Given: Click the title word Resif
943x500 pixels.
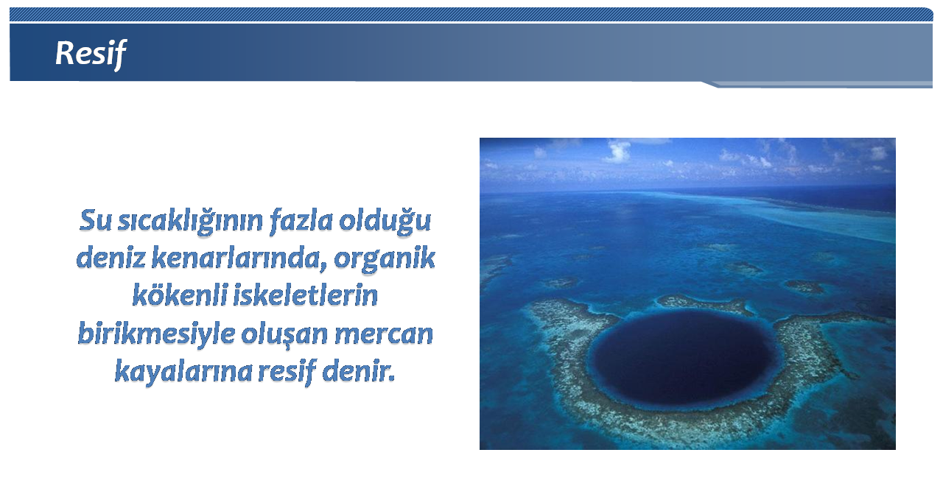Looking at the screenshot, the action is pos(91,54).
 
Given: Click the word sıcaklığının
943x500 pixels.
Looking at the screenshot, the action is pos(190,222).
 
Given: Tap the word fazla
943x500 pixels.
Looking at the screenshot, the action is pos(301,220).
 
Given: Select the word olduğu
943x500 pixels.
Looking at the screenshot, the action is pos(385,221).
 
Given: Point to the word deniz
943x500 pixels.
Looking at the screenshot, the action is pos(111,257).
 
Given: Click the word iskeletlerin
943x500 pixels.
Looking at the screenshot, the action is pos(306,295).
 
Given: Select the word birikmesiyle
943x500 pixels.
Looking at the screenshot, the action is pos(157,334).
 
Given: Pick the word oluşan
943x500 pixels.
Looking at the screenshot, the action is pos(284,334).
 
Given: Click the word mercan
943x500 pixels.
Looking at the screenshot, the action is pos(384,334).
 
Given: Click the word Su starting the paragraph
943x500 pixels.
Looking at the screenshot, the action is pos(96,220).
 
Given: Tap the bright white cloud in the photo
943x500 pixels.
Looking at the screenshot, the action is pos(617,152).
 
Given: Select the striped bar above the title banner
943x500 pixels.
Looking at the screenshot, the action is pos(471,14).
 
